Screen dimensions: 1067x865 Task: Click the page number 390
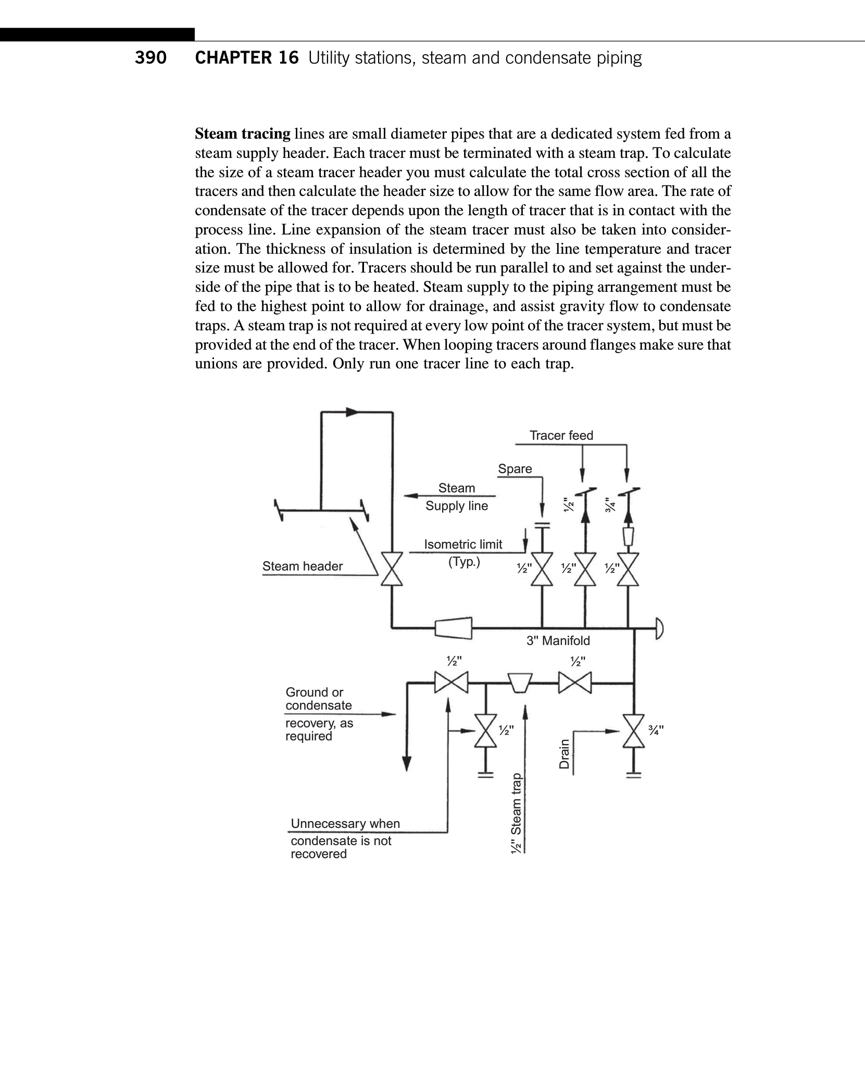(151, 58)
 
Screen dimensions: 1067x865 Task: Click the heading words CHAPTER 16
(247, 58)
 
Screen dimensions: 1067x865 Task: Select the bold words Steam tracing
(242, 134)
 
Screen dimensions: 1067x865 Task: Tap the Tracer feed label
(561, 436)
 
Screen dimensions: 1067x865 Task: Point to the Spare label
(515, 469)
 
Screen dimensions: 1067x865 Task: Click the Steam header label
(302, 566)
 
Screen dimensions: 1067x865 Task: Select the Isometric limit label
(463, 544)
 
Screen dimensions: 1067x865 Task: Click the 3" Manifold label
(558, 641)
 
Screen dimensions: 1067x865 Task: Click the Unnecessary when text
(345, 824)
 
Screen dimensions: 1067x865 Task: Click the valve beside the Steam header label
(392, 568)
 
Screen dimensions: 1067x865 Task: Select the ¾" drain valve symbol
(633, 731)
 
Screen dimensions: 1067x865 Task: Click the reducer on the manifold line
(453, 628)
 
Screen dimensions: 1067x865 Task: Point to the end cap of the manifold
(659, 628)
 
